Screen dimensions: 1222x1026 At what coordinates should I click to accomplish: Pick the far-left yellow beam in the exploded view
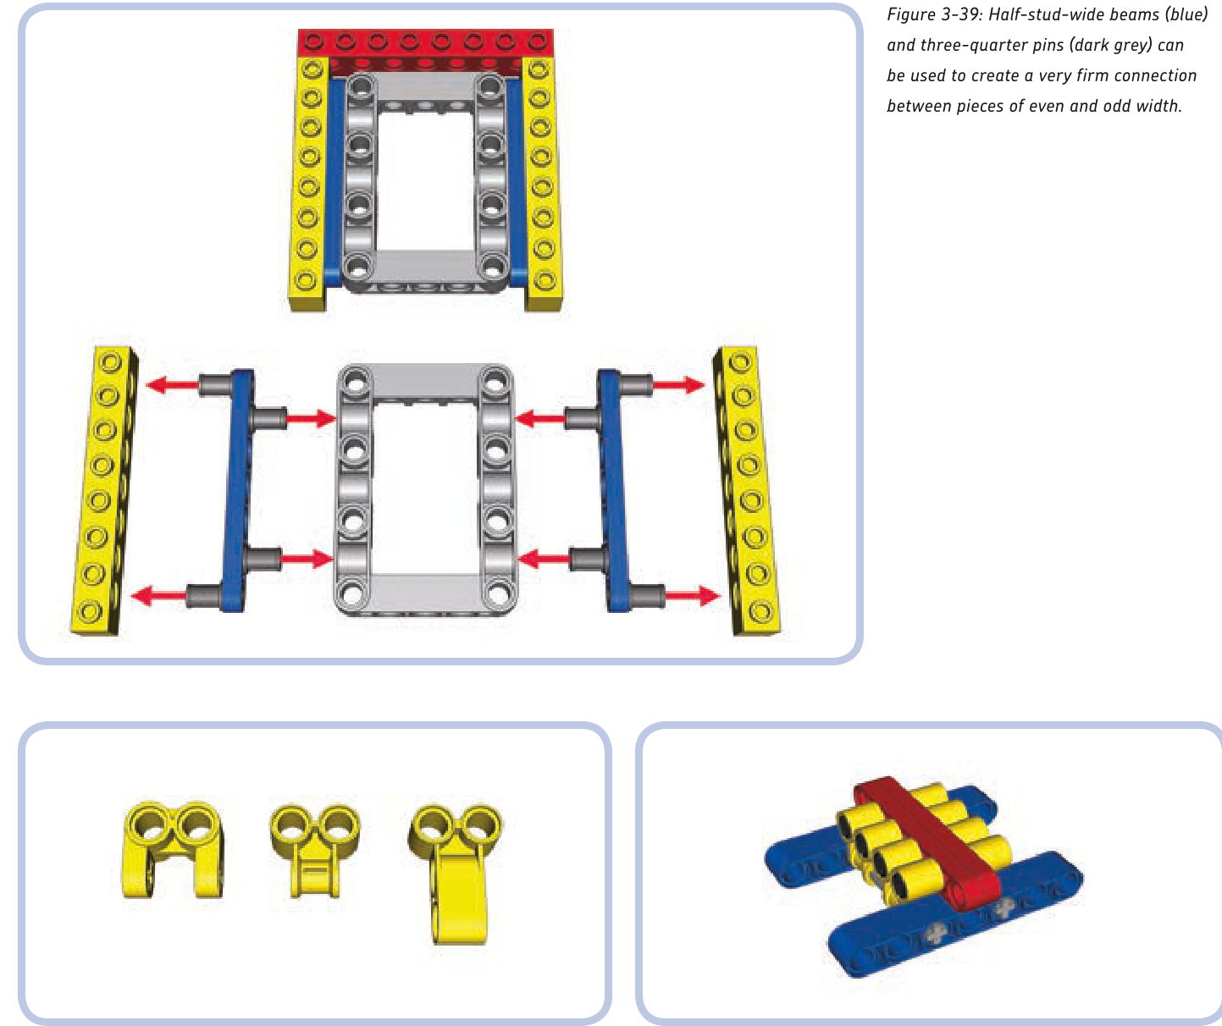pos(104,490)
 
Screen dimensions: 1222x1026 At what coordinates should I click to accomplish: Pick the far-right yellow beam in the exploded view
pos(747,490)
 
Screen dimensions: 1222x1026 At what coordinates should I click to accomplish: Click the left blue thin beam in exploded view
pos(236,490)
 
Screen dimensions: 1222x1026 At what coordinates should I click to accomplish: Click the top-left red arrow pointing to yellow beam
pos(172,385)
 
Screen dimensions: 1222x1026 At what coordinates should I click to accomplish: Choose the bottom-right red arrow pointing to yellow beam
pos(693,596)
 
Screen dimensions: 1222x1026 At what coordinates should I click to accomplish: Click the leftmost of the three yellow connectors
pos(173,849)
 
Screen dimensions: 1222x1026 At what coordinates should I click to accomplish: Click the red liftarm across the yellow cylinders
pos(927,843)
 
